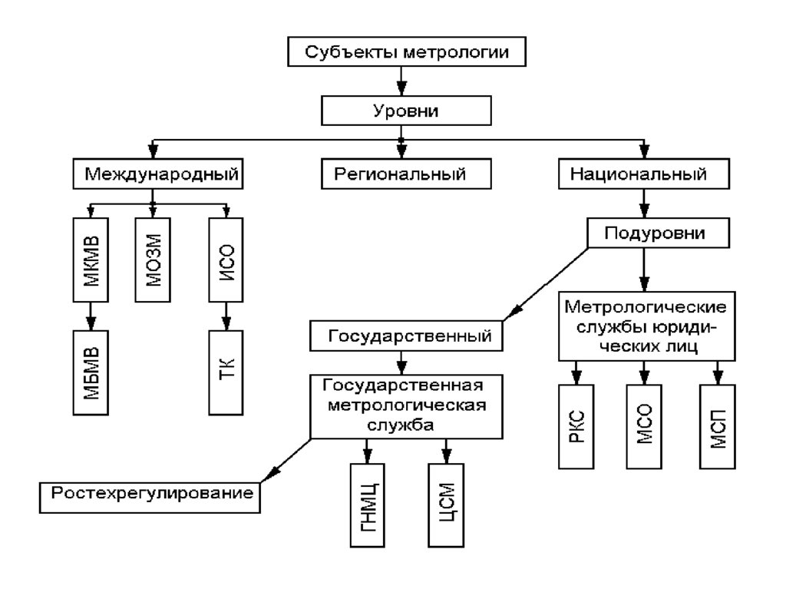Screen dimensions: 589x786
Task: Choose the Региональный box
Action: pyautogui.click(x=405, y=173)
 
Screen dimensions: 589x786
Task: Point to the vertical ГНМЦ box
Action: pyautogui.click(x=365, y=506)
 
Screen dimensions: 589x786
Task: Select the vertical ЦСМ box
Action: pyautogui.click(x=446, y=506)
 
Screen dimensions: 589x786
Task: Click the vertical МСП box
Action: pyautogui.click(x=717, y=428)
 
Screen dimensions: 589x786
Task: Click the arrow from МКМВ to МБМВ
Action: pyautogui.click(x=91, y=315)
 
